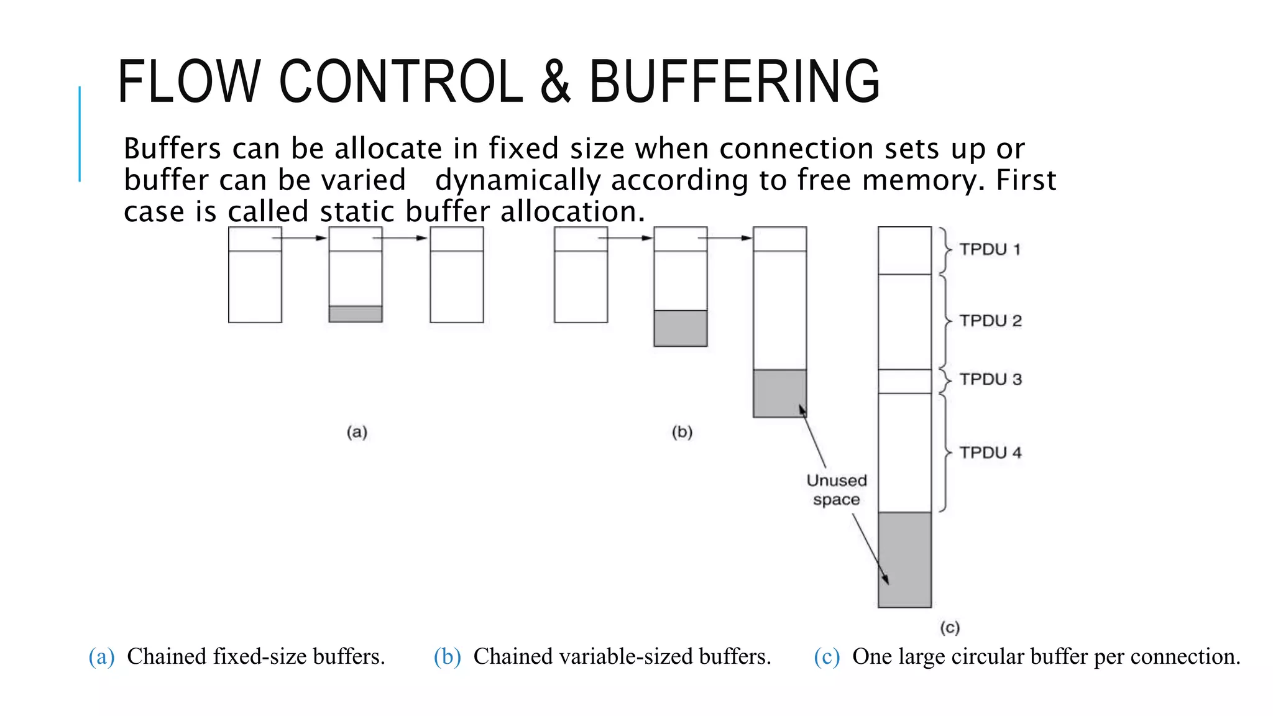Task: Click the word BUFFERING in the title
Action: click(734, 81)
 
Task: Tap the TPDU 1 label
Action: click(990, 250)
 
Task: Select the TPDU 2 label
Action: click(990, 321)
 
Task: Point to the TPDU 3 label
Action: click(990, 380)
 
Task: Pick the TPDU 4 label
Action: click(990, 453)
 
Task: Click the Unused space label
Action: click(837, 490)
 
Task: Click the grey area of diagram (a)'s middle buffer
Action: click(356, 314)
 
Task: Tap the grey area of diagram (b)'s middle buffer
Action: click(680, 328)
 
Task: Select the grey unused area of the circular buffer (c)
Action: click(904, 559)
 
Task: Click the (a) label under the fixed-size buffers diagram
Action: click(357, 432)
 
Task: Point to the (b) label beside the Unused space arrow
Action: click(682, 432)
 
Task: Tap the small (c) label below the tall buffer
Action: click(950, 628)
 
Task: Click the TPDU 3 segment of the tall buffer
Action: click(904, 381)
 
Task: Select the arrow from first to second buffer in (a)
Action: click(300, 238)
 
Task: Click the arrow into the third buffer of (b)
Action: click(725, 238)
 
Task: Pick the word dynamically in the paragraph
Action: click(517, 181)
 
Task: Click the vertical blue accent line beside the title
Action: click(80, 134)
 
